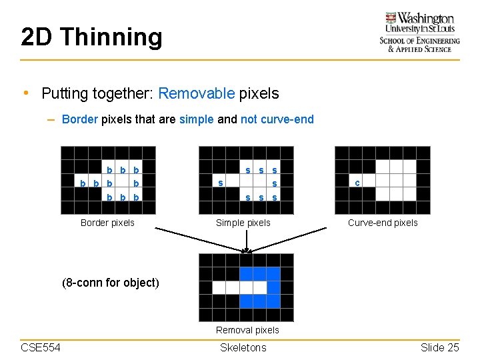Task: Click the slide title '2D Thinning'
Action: click(x=91, y=37)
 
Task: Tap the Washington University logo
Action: click(x=419, y=31)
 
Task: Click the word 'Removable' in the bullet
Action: click(x=197, y=93)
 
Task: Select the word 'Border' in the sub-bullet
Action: click(x=79, y=119)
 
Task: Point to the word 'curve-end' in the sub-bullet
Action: click(x=287, y=119)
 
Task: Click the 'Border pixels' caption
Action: click(x=107, y=223)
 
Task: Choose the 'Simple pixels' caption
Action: click(x=243, y=223)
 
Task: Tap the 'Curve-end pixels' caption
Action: click(x=383, y=223)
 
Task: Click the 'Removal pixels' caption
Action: click(x=247, y=330)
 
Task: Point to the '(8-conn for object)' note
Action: click(x=111, y=282)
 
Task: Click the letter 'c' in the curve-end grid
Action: click(x=357, y=182)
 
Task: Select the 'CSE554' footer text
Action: click(x=41, y=347)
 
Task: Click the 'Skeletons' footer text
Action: click(x=243, y=347)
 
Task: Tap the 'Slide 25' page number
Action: click(x=439, y=347)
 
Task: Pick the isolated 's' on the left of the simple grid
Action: click(x=221, y=183)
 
